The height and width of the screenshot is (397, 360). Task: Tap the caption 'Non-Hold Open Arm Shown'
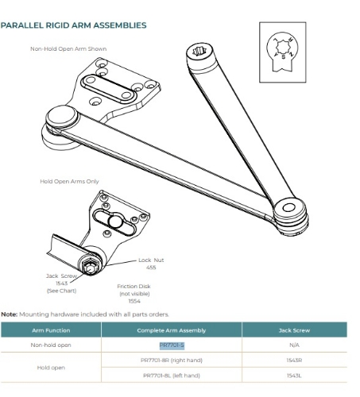coord(68,49)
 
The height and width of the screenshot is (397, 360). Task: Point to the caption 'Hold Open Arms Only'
coord(70,181)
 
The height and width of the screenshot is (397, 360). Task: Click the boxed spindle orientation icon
coord(281,47)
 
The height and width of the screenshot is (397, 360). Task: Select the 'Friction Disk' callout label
coord(133,290)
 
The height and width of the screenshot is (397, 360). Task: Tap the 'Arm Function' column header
coord(51,330)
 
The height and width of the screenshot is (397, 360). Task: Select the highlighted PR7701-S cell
coord(172,345)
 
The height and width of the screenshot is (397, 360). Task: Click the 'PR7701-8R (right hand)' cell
coord(171,360)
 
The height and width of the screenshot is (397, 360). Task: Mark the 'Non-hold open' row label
coord(51,345)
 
